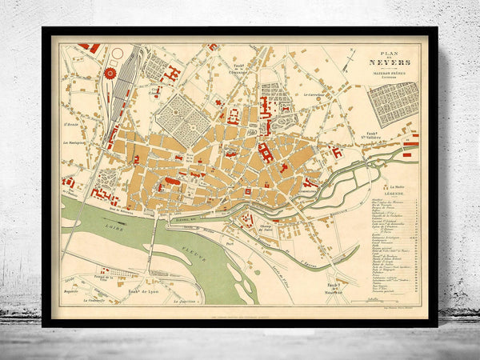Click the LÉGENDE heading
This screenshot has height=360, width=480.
(x=393, y=192)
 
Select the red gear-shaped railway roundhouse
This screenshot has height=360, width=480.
(x=110, y=74)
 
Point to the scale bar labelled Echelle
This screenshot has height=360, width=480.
(x=370, y=294)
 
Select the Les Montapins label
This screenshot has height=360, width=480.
(x=75, y=143)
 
